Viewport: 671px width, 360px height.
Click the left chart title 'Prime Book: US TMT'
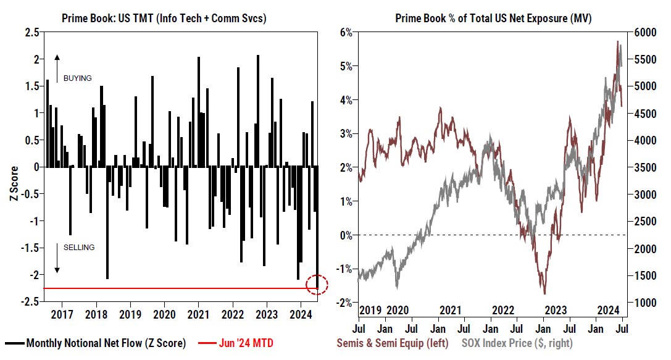[x=164, y=19]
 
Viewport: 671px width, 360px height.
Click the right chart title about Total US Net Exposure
[x=493, y=19]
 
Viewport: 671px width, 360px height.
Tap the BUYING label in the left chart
[x=77, y=78]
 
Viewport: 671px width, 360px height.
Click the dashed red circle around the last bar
[x=317, y=285]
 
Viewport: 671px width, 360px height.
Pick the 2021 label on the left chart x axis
[x=198, y=313]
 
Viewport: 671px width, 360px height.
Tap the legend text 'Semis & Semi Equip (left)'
[x=392, y=343]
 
